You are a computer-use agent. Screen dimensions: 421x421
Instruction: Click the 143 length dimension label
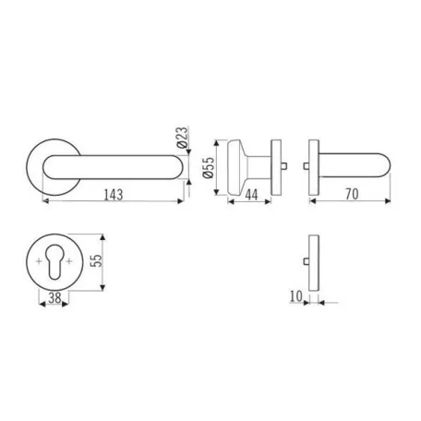(x=114, y=195)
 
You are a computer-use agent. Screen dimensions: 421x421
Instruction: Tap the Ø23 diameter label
(x=182, y=138)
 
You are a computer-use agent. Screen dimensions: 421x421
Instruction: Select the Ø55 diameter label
(x=208, y=168)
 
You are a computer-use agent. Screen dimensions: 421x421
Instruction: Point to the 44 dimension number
(x=251, y=195)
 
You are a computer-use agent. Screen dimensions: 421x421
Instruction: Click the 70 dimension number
(x=352, y=194)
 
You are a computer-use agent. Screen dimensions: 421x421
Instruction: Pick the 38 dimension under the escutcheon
(x=54, y=297)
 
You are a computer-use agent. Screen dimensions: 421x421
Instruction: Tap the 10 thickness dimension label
(x=296, y=296)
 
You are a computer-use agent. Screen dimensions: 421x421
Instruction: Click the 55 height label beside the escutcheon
(x=97, y=260)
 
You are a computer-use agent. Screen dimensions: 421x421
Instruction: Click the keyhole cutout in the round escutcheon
(x=55, y=262)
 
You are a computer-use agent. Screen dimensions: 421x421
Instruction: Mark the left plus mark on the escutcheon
(x=39, y=261)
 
